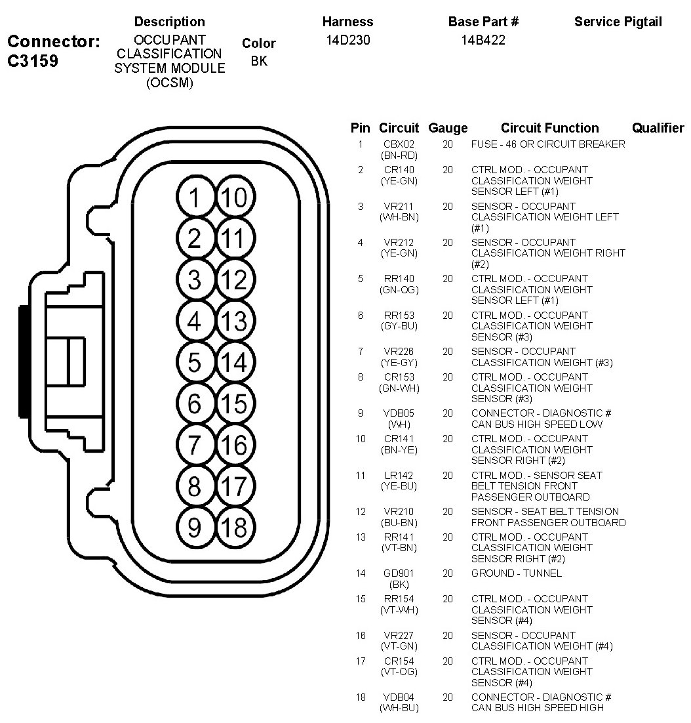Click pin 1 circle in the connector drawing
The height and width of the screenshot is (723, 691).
[195, 197]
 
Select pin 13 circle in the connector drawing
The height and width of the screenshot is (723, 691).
[235, 321]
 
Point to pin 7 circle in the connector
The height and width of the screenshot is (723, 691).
[195, 445]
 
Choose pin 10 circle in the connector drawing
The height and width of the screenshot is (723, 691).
[235, 197]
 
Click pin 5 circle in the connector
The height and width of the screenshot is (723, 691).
[195, 363]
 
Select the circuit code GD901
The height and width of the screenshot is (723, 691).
[399, 573]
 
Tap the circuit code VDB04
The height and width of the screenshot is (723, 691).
[399, 697]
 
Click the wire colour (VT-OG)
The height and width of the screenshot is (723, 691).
[399, 672]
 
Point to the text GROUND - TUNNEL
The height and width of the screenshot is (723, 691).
[516, 573]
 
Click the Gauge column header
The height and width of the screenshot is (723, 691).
[448, 128]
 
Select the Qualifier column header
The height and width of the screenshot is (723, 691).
[658, 128]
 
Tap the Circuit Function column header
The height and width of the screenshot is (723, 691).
[549, 128]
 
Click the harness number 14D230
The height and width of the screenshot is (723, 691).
[347, 40]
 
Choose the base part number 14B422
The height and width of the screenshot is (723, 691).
[483, 40]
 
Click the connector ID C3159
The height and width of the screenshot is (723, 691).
[33, 62]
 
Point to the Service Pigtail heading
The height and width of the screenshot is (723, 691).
[618, 22]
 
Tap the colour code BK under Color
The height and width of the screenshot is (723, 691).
[258, 61]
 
